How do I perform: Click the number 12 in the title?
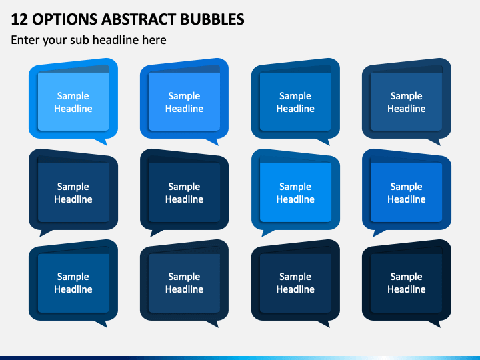pyautogui.click(x=19, y=19)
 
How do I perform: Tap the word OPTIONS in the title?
pyautogui.click(x=65, y=19)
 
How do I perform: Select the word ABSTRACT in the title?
pyautogui.click(x=139, y=19)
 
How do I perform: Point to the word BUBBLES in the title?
pyautogui.click(x=212, y=19)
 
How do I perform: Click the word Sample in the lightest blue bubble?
pyautogui.click(x=73, y=96)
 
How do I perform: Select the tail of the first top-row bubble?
pyautogui.click(x=102, y=141)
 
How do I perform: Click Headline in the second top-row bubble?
pyautogui.click(x=184, y=109)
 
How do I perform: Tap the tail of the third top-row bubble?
pyautogui.click(x=325, y=141)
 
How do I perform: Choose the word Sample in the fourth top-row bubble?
pyautogui.click(x=406, y=96)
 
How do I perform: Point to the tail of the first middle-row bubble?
pyautogui.click(x=45, y=233)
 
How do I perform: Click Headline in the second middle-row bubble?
pyautogui.click(x=184, y=199)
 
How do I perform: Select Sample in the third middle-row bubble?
pyautogui.click(x=295, y=187)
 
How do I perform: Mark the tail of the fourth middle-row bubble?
pyautogui.click(x=378, y=233)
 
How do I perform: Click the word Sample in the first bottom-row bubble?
pyautogui.click(x=73, y=277)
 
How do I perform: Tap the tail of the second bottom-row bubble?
pyautogui.click(x=213, y=323)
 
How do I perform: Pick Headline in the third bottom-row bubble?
pyautogui.click(x=295, y=289)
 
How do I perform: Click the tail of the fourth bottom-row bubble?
pyautogui.click(x=435, y=323)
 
